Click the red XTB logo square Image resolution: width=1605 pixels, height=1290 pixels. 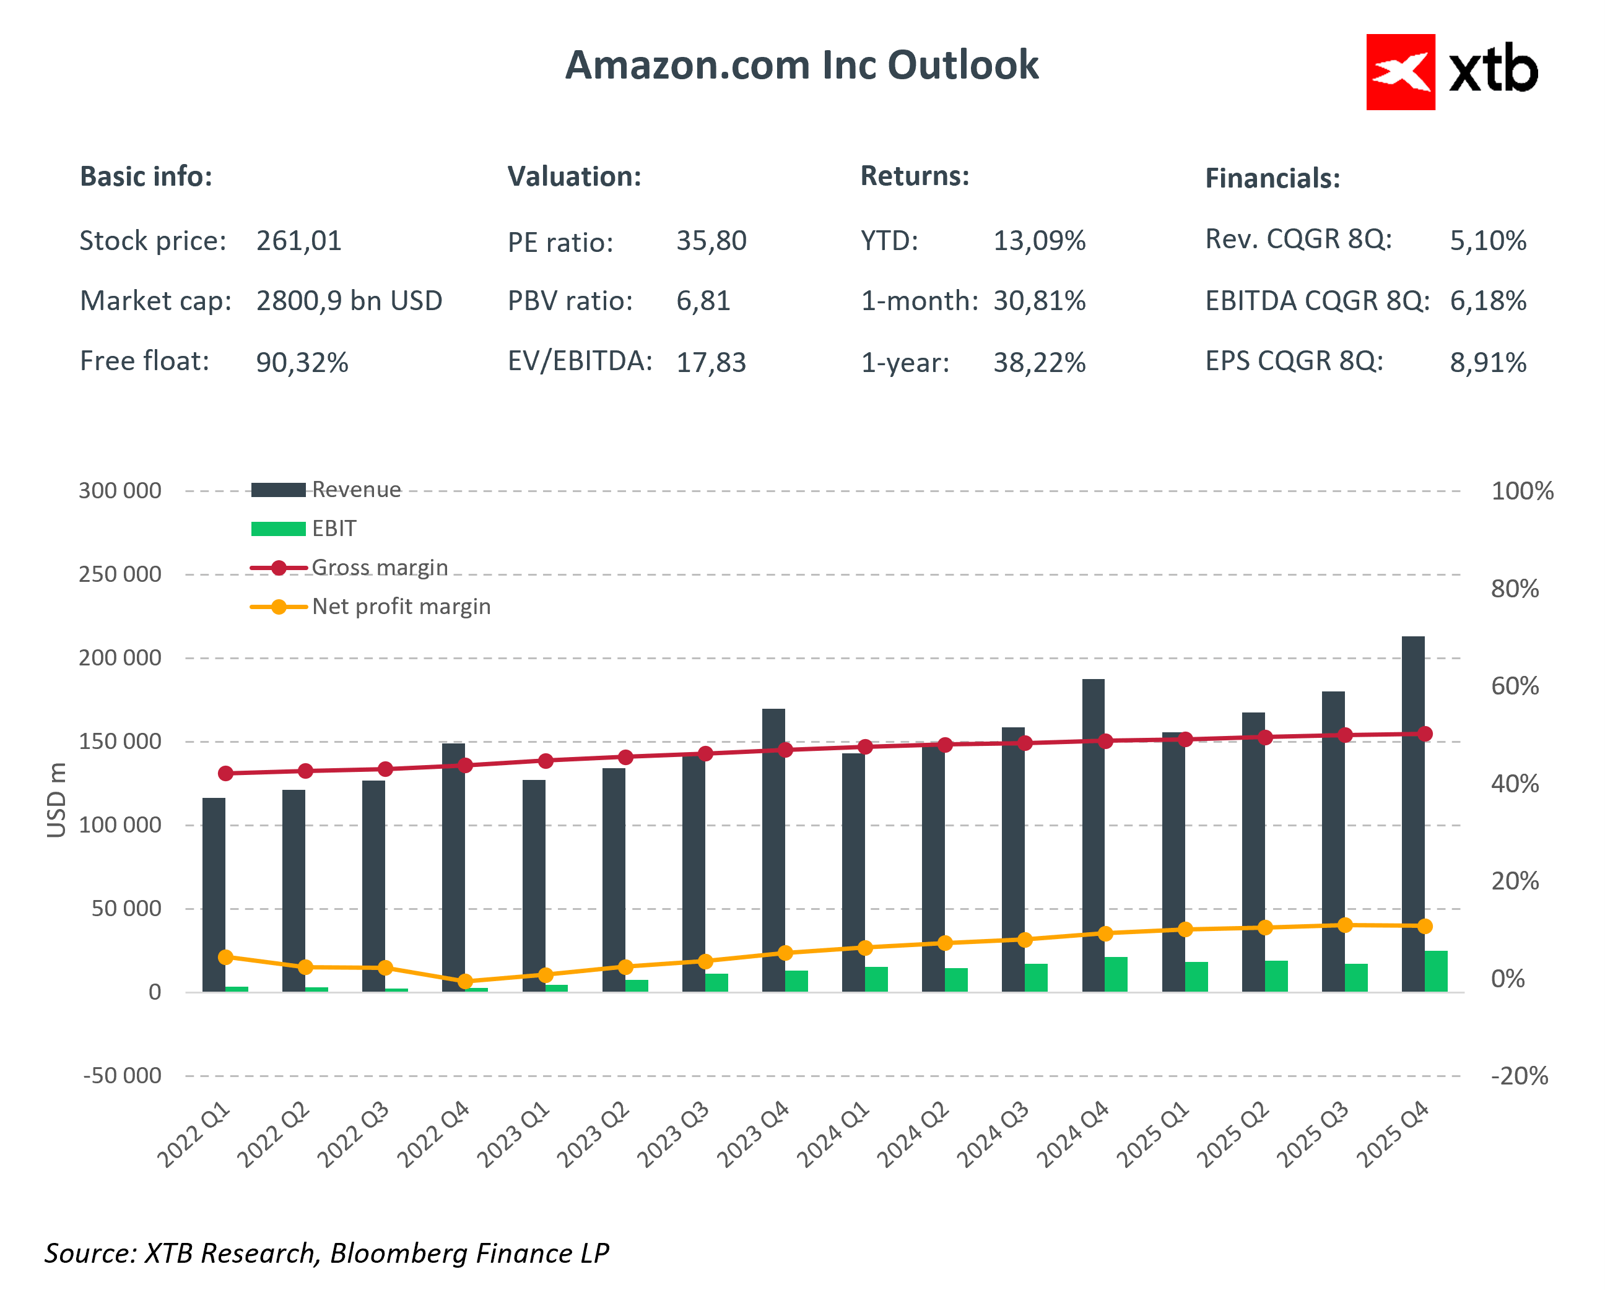(1399, 72)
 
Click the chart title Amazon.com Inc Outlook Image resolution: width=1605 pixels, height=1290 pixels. (801, 66)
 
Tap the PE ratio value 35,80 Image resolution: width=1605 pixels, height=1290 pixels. (711, 241)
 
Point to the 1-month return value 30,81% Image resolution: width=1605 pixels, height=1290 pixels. (1039, 301)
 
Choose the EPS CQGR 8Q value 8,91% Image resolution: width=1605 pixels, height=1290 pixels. (1487, 363)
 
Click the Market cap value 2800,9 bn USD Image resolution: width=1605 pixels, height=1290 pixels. (349, 301)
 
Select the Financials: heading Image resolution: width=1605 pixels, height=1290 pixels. (1272, 179)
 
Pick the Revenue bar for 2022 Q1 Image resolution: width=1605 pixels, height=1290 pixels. (214, 893)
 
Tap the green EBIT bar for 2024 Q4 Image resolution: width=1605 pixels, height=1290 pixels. (1116, 974)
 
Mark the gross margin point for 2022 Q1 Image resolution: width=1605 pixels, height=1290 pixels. (225, 773)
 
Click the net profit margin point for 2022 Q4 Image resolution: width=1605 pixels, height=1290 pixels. (465, 982)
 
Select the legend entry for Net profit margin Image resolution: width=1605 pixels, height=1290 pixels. (401, 607)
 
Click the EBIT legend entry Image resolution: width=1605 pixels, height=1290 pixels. (334, 529)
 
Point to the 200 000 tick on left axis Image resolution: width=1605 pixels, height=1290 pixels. (120, 658)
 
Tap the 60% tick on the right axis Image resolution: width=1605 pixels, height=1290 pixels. (1514, 686)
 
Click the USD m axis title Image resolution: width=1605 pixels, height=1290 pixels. (56, 800)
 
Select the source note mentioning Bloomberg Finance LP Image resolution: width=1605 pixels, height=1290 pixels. (326, 1253)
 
